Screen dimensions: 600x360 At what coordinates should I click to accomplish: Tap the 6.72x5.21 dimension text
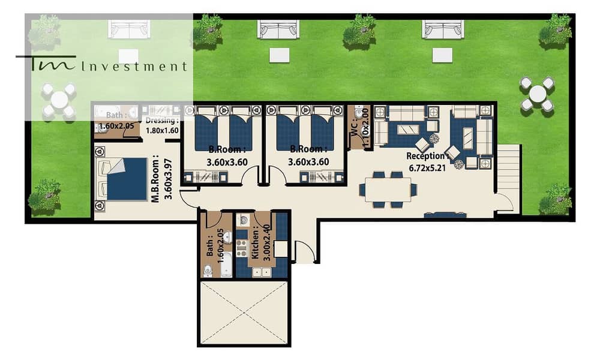tap(427, 167)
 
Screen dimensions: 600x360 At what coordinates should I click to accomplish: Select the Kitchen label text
tap(256, 243)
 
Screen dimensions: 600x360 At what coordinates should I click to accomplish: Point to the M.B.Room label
tap(155, 179)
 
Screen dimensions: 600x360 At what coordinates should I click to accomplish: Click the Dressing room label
tap(162, 121)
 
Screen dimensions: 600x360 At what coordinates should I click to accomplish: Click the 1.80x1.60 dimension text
tap(162, 130)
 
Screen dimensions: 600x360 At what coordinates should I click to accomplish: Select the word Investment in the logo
tap(134, 67)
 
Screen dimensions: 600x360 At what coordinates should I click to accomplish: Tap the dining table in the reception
tap(388, 190)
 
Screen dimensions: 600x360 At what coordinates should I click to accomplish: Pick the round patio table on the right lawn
tap(537, 94)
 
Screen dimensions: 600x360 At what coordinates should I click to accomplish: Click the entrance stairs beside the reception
tap(509, 169)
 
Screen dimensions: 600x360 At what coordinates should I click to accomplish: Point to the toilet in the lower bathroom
tap(208, 270)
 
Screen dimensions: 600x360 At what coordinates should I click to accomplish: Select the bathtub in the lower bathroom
tap(227, 265)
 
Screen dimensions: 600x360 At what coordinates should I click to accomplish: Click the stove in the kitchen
tap(241, 248)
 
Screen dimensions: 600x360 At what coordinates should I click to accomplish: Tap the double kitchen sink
tap(262, 272)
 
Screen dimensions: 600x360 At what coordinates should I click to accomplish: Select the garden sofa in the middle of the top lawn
tap(278, 30)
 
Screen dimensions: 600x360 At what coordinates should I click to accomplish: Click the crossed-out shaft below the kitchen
tap(244, 313)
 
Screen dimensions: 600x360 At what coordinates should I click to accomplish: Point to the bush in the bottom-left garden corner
tap(44, 196)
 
